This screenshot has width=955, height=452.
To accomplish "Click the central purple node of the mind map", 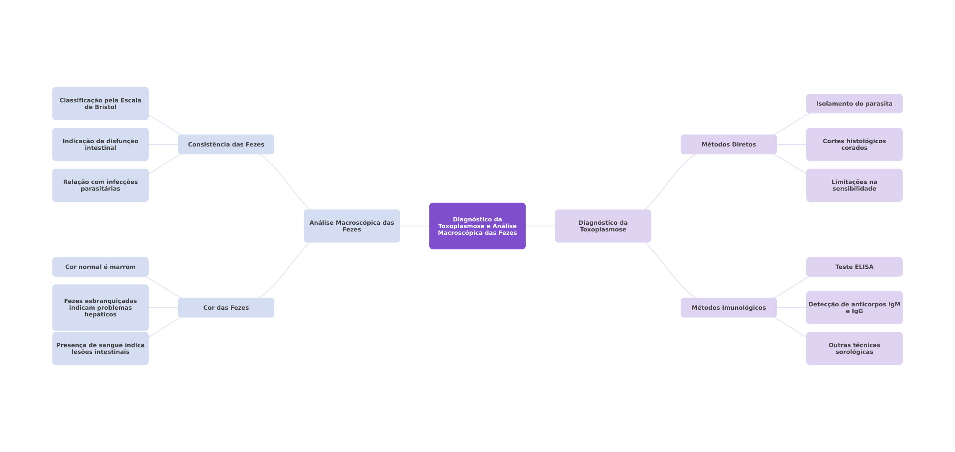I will tap(478, 226).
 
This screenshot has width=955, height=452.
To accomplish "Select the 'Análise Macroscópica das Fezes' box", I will tap(352, 226).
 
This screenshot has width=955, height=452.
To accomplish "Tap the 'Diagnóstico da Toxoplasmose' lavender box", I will tap(603, 226).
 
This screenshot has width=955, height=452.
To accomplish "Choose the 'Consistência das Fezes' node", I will tap(226, 144).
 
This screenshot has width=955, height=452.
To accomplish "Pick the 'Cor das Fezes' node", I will tap(226, 308).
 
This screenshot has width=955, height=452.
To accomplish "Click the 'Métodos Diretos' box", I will tap(729, 144).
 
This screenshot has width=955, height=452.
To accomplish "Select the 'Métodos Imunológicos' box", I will tap(729, 308).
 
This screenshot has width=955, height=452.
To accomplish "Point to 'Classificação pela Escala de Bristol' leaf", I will tap(101, 103).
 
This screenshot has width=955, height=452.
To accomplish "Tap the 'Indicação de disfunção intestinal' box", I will tap(101, 144).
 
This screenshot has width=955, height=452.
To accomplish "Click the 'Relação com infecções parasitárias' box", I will tap(101, 185).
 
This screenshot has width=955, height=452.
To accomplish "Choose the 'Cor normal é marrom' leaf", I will tap(101, 267).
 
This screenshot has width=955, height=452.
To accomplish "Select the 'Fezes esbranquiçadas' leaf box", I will tap(101, 308).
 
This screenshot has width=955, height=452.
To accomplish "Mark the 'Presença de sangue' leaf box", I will tap(101, 348).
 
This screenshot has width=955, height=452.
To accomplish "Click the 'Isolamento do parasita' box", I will tap(854, 103).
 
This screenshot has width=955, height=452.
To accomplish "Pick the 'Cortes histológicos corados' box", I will tap(854, 144).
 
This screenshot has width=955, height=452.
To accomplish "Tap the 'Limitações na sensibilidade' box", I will tap(854, 185).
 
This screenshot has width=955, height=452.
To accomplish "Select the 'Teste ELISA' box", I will tap(854, 267).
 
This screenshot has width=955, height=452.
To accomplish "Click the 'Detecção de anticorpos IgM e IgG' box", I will tap(854, 308).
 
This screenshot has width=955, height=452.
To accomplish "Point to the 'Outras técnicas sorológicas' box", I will tap(854, 348).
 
